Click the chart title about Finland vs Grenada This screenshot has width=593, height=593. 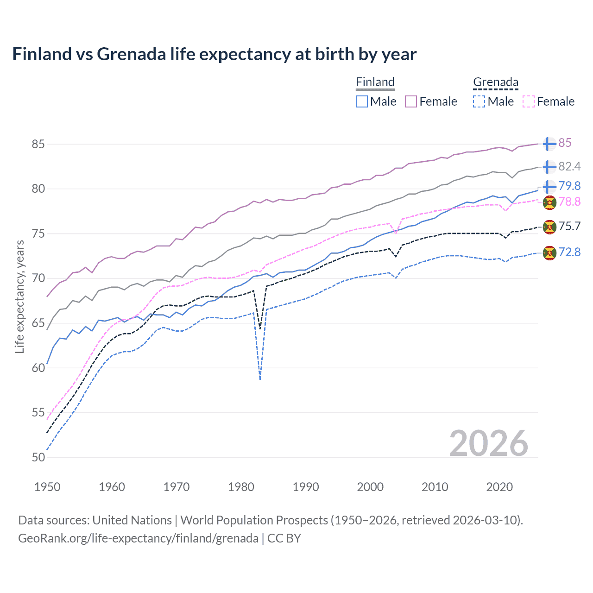coord(214,54)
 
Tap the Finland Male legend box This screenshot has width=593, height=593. coord(362,101)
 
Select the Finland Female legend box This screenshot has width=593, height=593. coord(411,101)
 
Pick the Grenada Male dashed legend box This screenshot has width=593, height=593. coord(479,101)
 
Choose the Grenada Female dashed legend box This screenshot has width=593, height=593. coord(529,101)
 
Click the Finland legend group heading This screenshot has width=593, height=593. coord(375,82)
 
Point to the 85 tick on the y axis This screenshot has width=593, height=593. coord(38,144)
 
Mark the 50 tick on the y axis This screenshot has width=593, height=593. coord(38,457)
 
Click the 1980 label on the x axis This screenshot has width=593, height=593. coord(241,487)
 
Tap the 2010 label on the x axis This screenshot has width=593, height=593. coord(435,487)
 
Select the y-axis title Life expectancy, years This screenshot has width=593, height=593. coord(19,296)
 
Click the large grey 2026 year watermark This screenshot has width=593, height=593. coord(488,443)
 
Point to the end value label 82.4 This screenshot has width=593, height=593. coord(569,167)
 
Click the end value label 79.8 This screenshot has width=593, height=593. coord(569,186)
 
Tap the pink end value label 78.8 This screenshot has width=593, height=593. coord(569,202)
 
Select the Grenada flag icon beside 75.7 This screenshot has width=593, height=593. coord(549,227)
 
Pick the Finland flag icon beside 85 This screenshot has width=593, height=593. coord(549,144)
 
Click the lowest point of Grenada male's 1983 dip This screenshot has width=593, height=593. coord(260,379)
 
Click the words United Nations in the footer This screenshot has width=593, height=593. coord(132,520)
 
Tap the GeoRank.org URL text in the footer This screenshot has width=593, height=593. coord(138,538)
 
